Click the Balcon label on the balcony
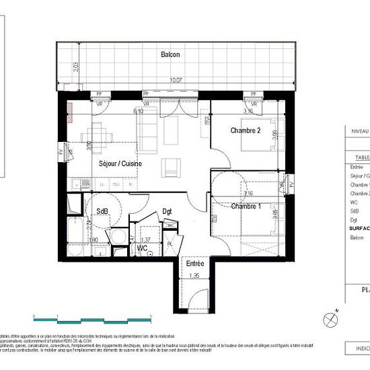(170, 55)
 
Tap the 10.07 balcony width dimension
(176, 80)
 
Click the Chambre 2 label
(246, 131)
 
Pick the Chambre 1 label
(246, 206)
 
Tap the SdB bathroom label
(102, 211)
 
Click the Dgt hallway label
(168, 211)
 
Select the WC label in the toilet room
(143, 248)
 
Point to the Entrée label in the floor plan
(195, 264)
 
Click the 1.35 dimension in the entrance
(195, 276)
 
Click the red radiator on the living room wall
(70, 114)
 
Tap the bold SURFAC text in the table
(359, 228)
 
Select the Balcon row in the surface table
(358, 237)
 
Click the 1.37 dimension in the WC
(145, 239)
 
